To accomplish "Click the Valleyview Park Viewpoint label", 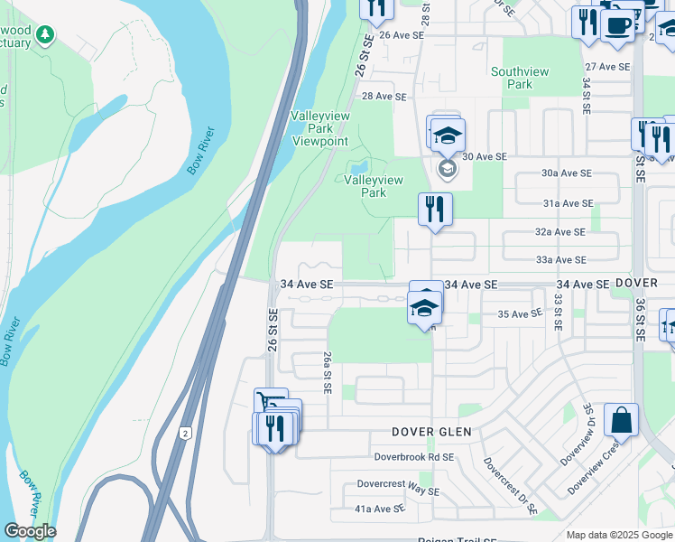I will (x=319, y=128).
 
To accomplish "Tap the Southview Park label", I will (x=512, y=78).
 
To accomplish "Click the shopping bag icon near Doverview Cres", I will (x=621, y=419).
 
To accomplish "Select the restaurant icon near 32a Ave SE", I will (x=435, y=210).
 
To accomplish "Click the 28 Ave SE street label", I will (x=384, y=97).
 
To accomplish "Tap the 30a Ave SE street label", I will (x=567, y=173).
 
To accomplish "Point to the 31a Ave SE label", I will (x=568, y=204).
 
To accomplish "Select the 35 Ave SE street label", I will (x=520, y=314).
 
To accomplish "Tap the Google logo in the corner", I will (x=30, y=531).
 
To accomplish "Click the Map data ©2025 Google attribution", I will (x=619, y=535).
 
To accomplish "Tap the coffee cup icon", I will (x=618, y=23).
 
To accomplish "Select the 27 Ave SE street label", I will (x=607, y=67).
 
